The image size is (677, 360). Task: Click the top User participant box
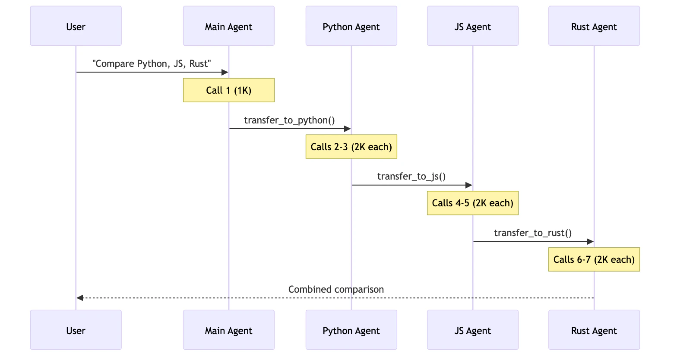(76, 26)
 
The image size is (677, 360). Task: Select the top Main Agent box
(228, 26)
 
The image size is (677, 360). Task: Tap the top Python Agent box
(351, 26)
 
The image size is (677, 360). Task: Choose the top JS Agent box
(472, 26)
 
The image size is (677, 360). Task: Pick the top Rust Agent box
(594, 26)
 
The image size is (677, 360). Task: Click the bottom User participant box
(76, 330)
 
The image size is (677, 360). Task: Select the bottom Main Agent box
(228, 330)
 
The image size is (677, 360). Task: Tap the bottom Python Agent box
(351, 330)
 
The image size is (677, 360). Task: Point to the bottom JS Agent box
(472, 330)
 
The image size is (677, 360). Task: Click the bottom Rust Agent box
(594, 330)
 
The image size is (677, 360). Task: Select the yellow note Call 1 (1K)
(228, 90)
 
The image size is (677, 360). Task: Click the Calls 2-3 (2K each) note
(351, 147)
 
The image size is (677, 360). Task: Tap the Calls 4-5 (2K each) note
(472, 203)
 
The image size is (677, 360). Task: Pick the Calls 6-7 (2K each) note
(594, 259)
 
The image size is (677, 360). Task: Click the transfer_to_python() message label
(289, 120)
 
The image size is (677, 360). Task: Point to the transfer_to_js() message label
(411, 176)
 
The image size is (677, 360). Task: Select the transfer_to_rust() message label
(533, 233)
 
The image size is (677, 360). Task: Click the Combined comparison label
(335, 289)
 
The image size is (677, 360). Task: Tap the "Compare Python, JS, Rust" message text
(152, 63)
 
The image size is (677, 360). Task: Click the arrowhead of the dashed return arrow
(79, 298)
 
